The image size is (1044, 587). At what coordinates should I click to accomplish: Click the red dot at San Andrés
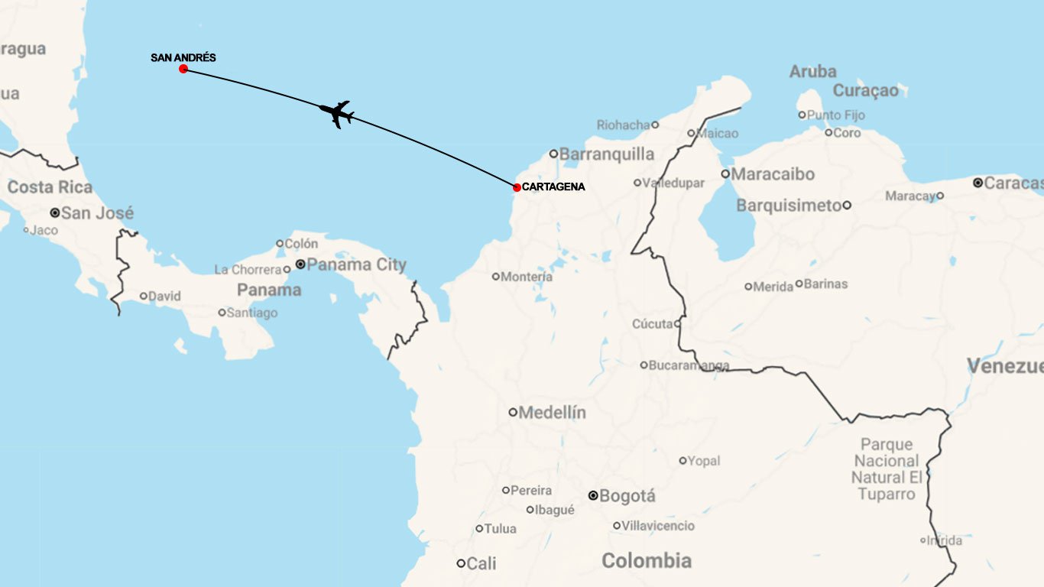click(183, 69)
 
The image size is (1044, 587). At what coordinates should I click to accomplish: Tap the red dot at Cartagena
click(517, 187)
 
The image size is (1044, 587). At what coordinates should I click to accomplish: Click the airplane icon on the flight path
click(336, 114)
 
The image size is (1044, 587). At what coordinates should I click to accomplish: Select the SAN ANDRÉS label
click(183, 58)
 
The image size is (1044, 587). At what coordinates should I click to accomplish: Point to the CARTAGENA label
click(553, 186)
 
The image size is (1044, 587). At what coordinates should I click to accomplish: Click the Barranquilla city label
click(607, 154)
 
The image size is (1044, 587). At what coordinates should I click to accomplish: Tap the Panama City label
click(357, 264)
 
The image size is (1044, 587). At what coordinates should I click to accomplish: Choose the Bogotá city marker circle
click(593, 495)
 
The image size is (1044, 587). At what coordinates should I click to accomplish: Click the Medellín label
click(553, 413)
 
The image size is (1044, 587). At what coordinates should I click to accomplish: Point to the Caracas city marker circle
click(978, 183)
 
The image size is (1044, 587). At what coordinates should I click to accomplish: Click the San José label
click(97, 213)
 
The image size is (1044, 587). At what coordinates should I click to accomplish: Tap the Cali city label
click(481, 564)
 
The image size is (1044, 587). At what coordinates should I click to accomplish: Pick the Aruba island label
click(813, 72)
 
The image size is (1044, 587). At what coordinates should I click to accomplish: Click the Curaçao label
click(866, 91)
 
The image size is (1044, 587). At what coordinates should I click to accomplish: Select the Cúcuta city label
click(652, 324)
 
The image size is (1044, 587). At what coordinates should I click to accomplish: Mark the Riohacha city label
click(623, 125)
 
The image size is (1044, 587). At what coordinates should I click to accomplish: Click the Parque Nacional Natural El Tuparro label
click(887, 469)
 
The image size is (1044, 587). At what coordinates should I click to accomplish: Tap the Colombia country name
click(647, 561)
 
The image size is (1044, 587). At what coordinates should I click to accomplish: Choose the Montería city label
click(527, 277)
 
